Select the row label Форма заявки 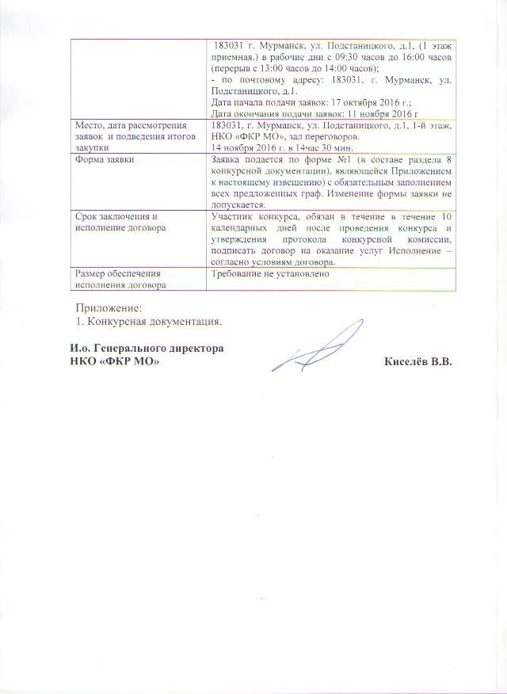104,158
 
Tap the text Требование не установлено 265,273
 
